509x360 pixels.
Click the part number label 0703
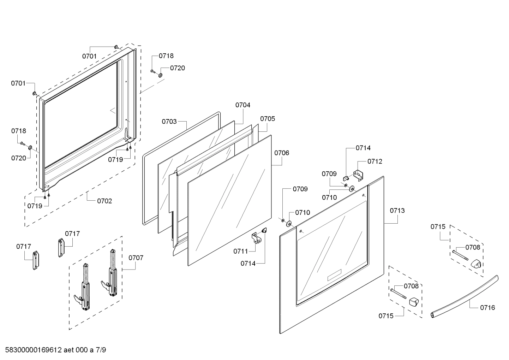coord(169,122)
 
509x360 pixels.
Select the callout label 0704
coord(243,105)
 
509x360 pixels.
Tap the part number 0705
coord(268,119)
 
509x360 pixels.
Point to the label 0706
coord(282,153)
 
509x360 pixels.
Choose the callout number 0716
coord(487,308)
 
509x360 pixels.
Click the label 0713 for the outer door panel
coord(397,211)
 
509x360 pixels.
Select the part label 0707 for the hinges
coord(136,258)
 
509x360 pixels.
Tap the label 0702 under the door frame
coord(104,201)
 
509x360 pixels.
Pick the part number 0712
coord(375,161)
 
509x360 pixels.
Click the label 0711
coord(240,251)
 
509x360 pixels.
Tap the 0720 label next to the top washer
coord(178,68)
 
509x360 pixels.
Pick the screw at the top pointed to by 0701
coord(116,47)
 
